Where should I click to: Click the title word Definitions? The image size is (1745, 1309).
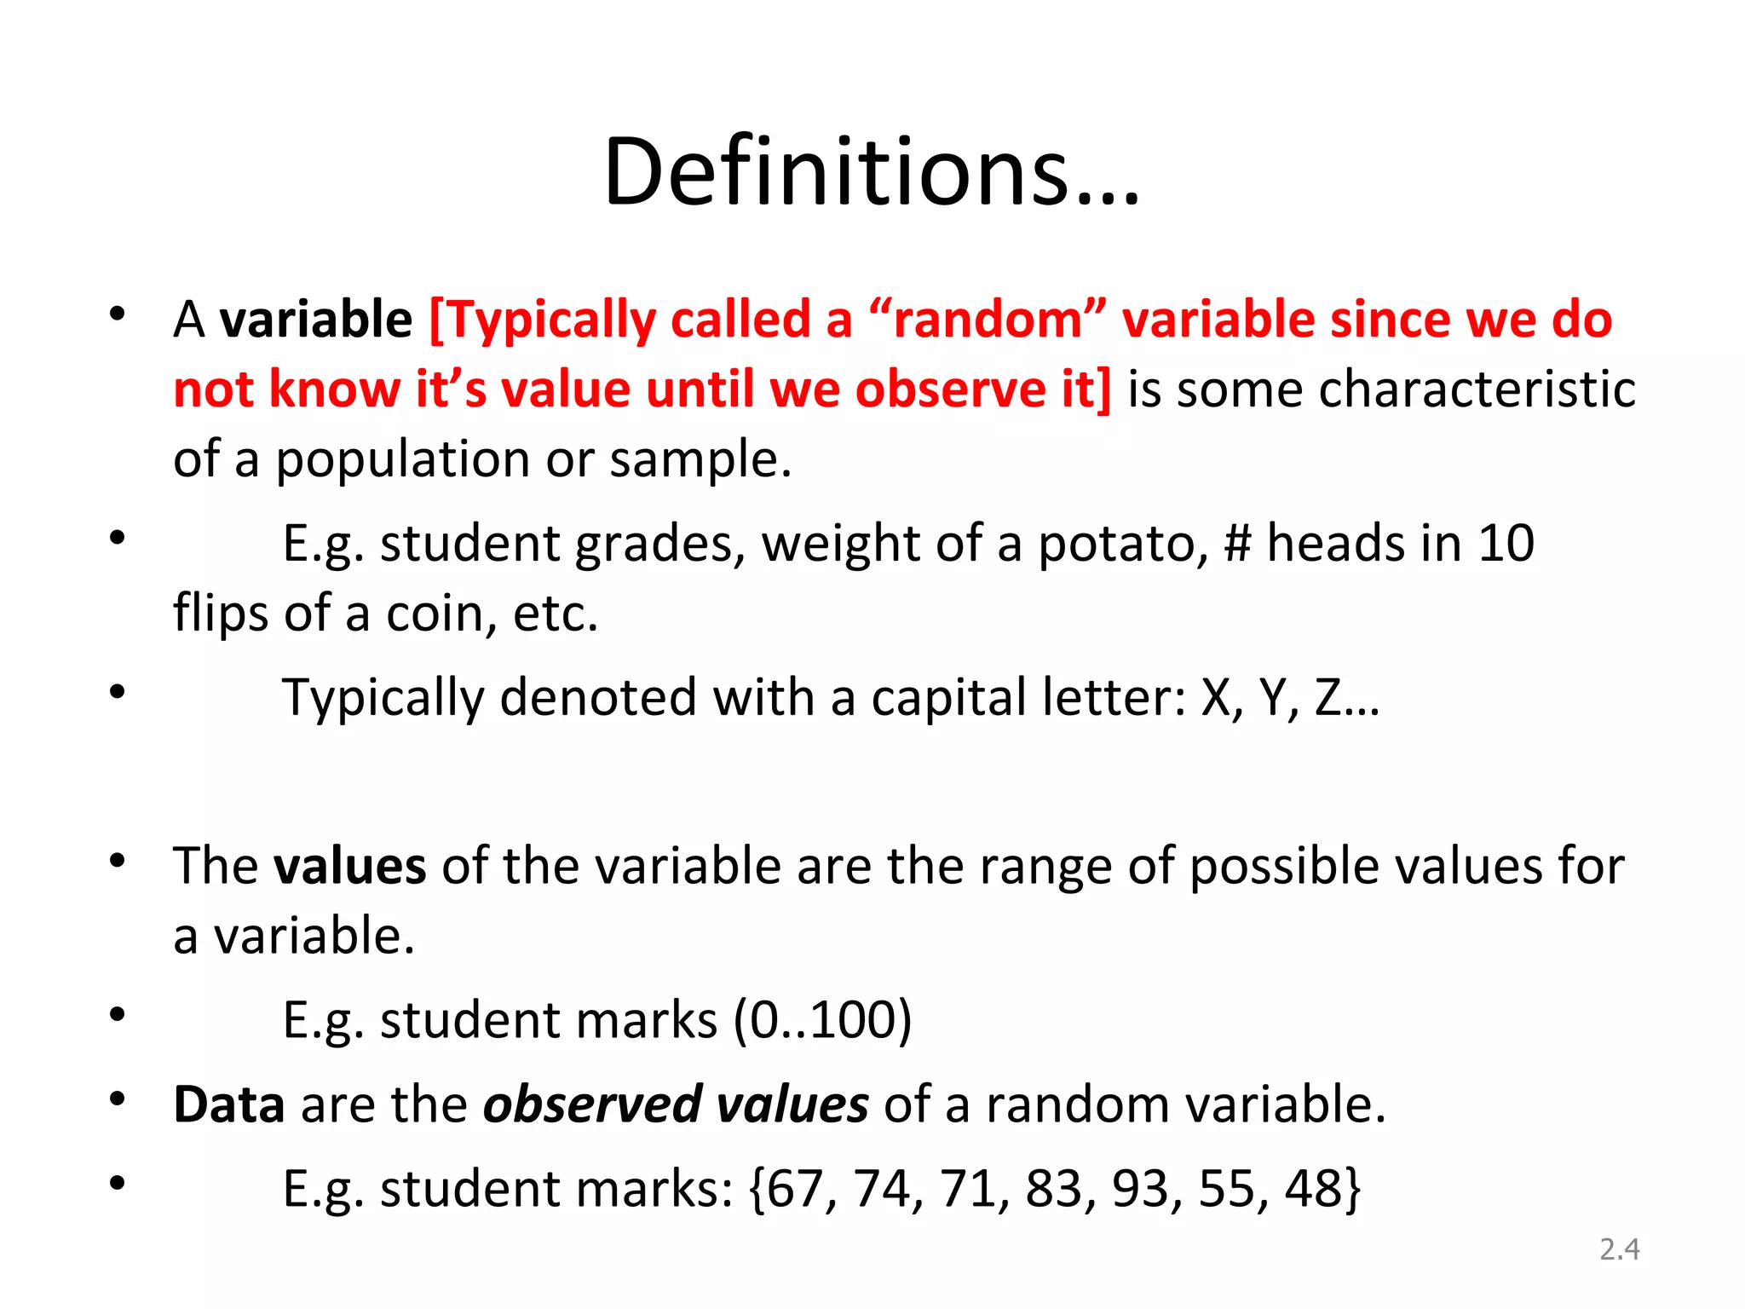click(x=871, y=172)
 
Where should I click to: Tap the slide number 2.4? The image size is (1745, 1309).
click(x=1619, y=1248)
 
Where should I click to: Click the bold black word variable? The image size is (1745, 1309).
click(x=316, y=320)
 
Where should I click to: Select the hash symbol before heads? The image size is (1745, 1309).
click(x=1237, y=544)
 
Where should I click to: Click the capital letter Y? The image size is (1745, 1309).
click(x=1274, y=697)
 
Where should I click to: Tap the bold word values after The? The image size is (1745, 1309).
click(x=349, y=866)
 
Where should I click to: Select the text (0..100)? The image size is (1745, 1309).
click(x=822, y=1020)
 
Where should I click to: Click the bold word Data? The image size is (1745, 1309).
click(x=228, y=1104)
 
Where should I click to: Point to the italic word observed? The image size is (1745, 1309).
click(x=592, y=1104)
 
